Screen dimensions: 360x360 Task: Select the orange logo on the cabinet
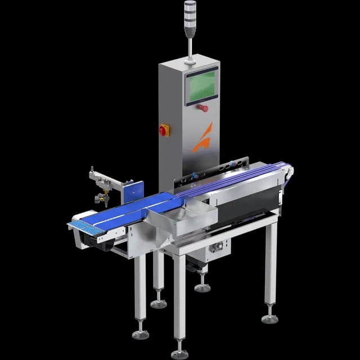pyautogui.click(x=203, y=138)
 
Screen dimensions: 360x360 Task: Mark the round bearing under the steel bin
pyautogui.click(x=216, y=246)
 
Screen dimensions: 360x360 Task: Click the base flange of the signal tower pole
pyautogui.click(x=189, y=58)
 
